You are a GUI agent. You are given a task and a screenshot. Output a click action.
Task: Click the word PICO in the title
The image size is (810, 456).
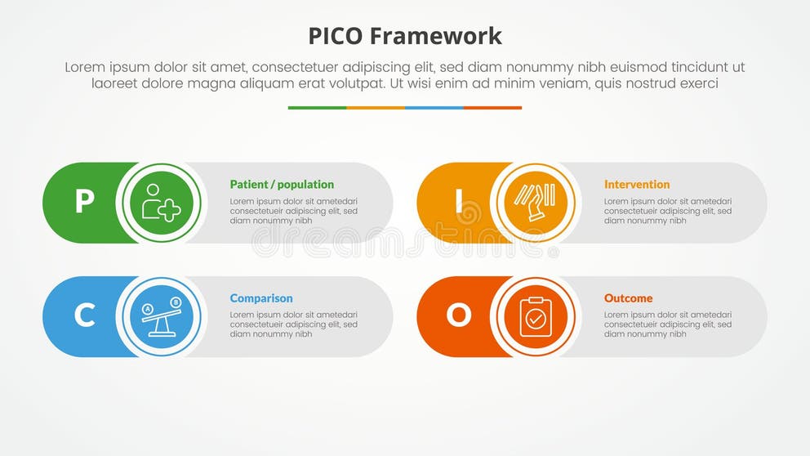click(x=336, y=36)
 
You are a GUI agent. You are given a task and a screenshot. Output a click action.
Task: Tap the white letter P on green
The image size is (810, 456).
click(x=84, y=202)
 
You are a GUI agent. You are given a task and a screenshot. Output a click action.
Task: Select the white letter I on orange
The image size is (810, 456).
click(x=459, y=202)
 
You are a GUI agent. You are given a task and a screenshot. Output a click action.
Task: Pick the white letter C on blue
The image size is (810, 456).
click(x=84, y=315)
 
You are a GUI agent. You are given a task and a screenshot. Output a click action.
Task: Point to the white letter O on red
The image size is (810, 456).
click(x=459, y=315)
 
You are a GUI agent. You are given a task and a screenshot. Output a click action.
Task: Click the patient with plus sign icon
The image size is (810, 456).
click(x=161, y=202)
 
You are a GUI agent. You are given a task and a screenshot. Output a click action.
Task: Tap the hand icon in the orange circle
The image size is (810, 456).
click(x=536, y=202)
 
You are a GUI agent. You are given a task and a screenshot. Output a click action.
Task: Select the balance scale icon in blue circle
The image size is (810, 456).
click(x=161, y=316)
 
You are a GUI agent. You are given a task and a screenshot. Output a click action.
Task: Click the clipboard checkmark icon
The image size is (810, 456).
click(x=536, y=316)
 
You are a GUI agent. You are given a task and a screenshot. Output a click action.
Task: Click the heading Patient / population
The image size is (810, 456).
click(x=282, y=185)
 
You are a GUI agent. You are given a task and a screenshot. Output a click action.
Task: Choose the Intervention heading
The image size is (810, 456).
click(x=637, y=185)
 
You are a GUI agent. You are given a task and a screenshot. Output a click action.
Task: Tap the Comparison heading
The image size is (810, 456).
click(x=261, y=298)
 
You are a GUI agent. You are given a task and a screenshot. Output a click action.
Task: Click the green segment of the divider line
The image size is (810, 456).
click(x=317, y=108)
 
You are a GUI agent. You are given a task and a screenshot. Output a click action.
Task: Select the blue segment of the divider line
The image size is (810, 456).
click(x=434, y=108)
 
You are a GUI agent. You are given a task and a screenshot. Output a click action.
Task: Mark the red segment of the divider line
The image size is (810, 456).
click(x=493, y=108)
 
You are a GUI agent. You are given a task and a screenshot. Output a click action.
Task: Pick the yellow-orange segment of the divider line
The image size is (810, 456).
click(x=376, y=108)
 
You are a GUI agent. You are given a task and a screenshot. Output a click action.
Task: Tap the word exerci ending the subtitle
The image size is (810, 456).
click(x=698, y=83)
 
